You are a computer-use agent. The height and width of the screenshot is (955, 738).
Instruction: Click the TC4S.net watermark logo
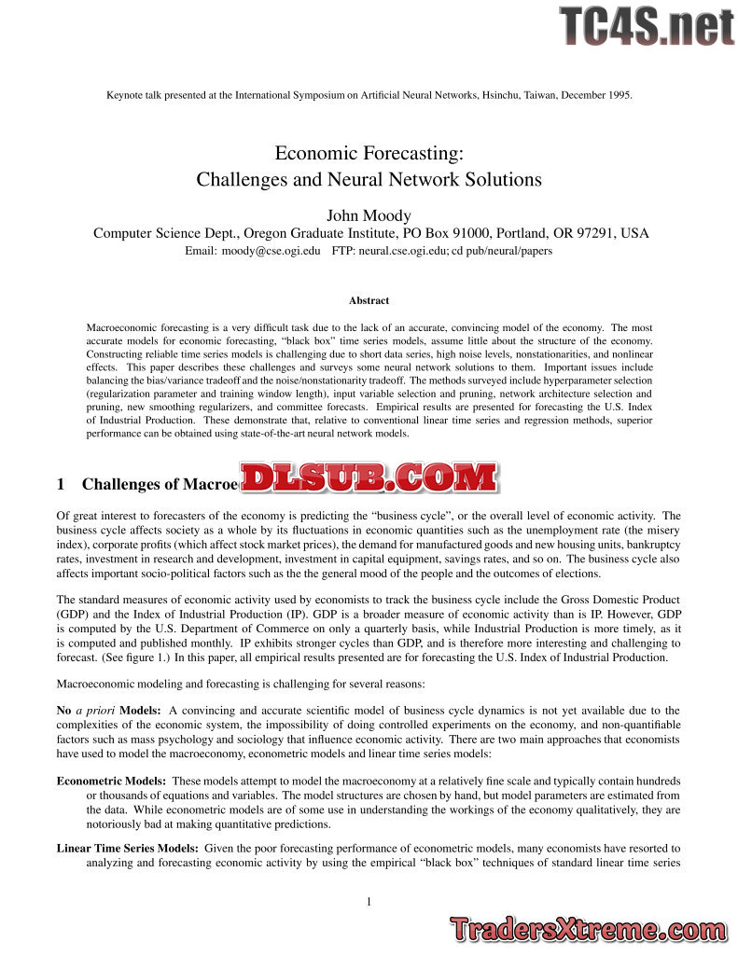coord(647,25)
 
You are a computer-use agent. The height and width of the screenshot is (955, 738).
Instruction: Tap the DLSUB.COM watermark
coord(369,478)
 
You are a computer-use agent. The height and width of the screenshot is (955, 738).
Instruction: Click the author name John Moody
coord(369,215)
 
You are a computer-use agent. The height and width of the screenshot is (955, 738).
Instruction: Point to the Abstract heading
coord(369,300)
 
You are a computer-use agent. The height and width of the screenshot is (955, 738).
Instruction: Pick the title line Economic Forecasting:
coord(369,152)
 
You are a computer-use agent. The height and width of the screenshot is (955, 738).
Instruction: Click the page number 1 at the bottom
coord(369,901)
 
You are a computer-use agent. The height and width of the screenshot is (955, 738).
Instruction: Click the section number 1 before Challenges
coord(61,483)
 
